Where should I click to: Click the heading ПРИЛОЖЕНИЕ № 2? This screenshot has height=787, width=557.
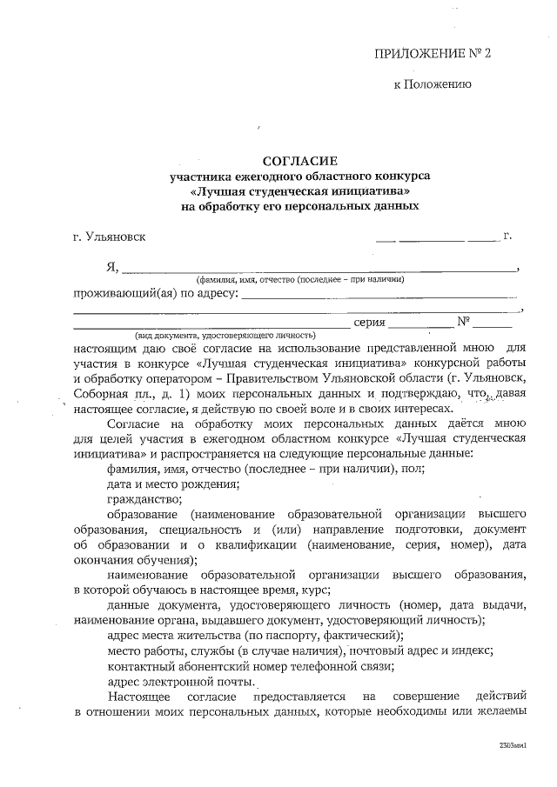coord(433,53)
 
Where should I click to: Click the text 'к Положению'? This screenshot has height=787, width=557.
coord(433,85)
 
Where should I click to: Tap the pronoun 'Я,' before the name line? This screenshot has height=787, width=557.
coord(111,266)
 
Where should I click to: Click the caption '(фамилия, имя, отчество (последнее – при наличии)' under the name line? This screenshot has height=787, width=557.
coord(299,280)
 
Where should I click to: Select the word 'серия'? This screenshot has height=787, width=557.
coord(370,323)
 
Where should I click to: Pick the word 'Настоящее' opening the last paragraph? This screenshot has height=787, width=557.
coord(137,697)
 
